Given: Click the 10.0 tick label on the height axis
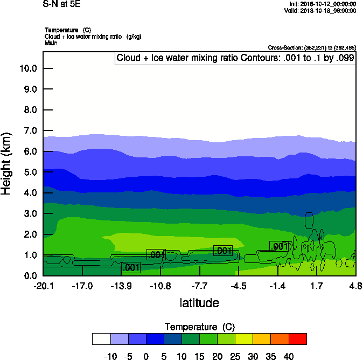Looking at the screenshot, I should click(x=27, y=68).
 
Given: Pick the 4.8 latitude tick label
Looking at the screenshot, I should click(x=355, y=285).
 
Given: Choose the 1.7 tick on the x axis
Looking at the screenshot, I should click(x=316, y=285).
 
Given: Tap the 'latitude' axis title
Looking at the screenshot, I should click(x=199, y=303).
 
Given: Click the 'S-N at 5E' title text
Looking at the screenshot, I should click(x=61, y=4).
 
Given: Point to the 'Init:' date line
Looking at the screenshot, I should click(x=323, y=4).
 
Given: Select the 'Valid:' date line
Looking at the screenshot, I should click(x=322, y=11).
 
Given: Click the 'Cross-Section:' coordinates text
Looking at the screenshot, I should click(x=311, y=47).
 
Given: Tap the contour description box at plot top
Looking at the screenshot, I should click(x=235, y=58).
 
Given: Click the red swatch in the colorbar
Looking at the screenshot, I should click(x=297, y=338).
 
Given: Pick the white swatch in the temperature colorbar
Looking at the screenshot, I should click(x=101, y=338).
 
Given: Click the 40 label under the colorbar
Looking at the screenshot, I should click(x=288, y=356).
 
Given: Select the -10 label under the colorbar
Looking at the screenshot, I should click(x=110, y=356).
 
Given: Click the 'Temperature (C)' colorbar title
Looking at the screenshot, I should click(x=199, y=327).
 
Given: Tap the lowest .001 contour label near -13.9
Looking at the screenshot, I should click(x=131, y=268).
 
